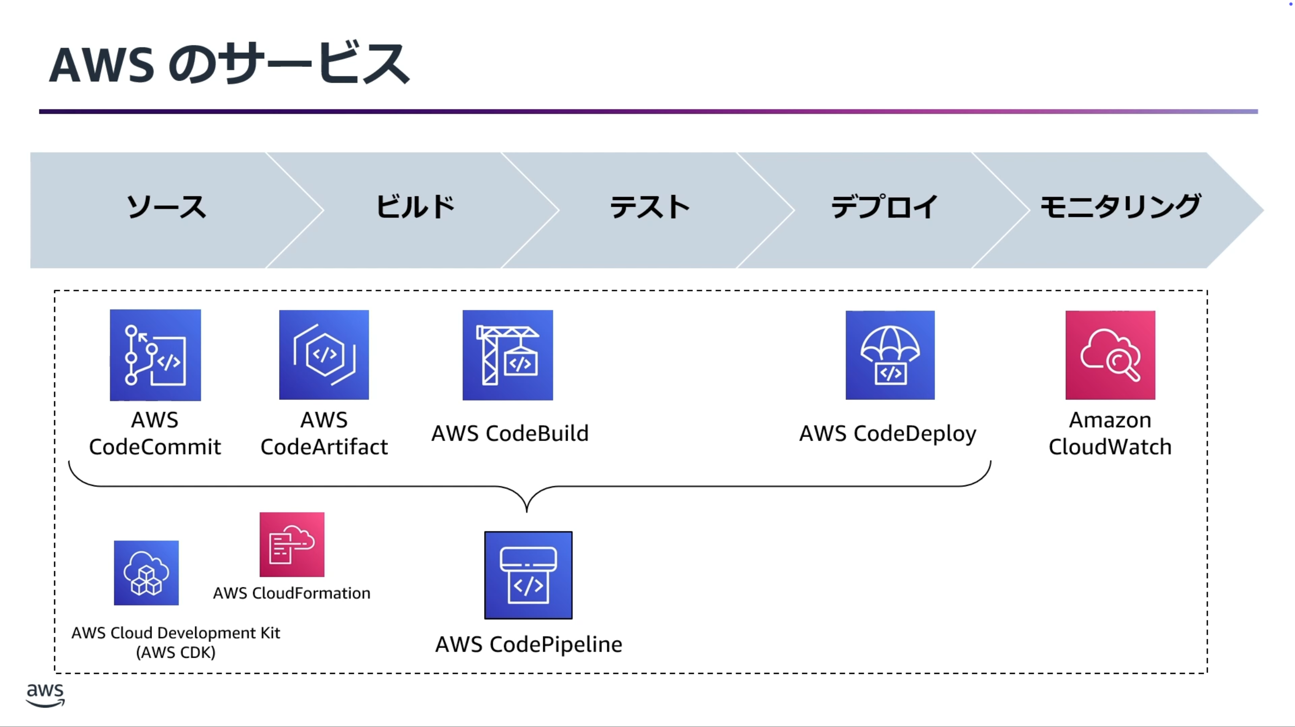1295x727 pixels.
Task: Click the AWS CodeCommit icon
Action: click(x=155, y=355)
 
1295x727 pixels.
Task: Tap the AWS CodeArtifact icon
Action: click(x=324, y=355)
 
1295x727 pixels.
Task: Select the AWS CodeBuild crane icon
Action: click(x=507, y=355)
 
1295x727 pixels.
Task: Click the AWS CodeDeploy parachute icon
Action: click(x=890, y=355)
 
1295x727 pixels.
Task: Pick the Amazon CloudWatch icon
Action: click(x=1110, y=355)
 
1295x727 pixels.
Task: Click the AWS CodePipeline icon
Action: click(x=528, y=575)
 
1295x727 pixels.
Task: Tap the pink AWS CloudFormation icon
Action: click(x=292, y=544)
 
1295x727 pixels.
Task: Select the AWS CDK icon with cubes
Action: click(x=146, y=573)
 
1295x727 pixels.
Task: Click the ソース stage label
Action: click(x=166, y=207)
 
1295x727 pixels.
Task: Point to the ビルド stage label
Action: click(x=415, y=207)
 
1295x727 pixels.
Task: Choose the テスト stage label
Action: click(x=650, y=207)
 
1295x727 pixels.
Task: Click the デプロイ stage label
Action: click(x=884, y=207)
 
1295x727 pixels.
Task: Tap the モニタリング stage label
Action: click(x=1120, y=207)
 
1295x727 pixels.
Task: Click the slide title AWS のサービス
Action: click(x=229, y=64)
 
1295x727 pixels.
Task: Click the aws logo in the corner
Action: click(x=45, y=695)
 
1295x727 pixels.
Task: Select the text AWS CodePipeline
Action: click(x=529, y=645)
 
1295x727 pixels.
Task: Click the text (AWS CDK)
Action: click(x=176, y=653)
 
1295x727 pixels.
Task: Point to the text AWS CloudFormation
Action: click(x=291, y=593)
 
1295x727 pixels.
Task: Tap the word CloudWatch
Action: click(x=1110, y=447)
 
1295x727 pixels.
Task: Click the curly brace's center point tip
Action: click(x=527, y=511)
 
